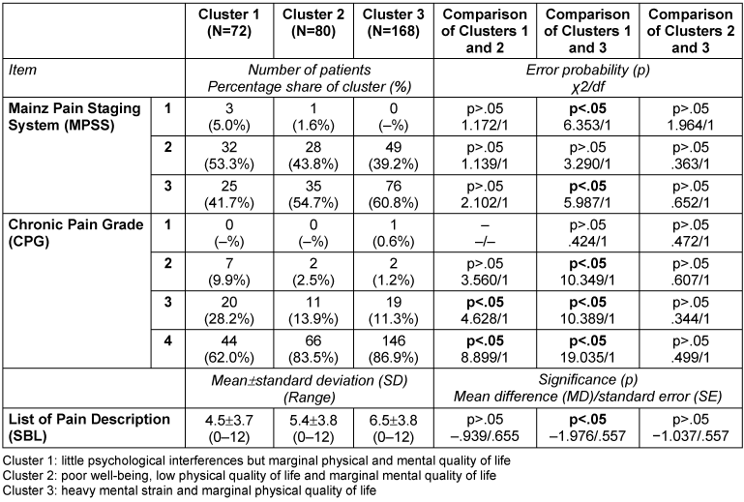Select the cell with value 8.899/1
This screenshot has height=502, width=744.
(480, 340)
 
